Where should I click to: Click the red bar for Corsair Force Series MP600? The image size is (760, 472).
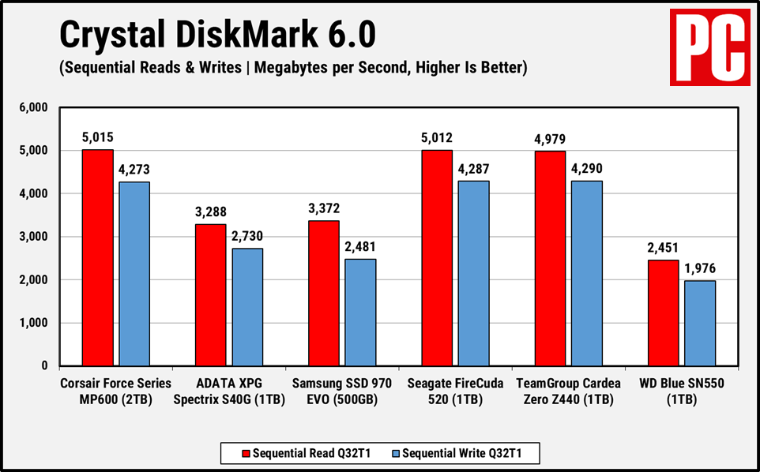point(98,258)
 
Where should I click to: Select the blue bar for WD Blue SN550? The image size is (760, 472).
point(700,324)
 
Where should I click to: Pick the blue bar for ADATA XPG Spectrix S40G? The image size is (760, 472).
point(247,307)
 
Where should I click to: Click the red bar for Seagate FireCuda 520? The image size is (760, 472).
point(437,258)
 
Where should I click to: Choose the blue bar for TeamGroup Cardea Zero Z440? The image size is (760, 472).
point(587,273)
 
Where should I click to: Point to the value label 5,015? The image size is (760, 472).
point(98,137)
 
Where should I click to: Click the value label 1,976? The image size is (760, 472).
point(701,268)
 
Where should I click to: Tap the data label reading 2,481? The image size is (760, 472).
point(361,246)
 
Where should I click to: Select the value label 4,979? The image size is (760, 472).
point(550,139)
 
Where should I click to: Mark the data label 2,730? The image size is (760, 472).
point(248,236)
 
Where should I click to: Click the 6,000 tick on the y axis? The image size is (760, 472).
point(33,107)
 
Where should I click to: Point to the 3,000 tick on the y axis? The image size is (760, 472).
point(33,237)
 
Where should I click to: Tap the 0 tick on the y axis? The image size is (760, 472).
point(44,366)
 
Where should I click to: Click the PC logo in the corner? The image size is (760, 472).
point(709,48)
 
